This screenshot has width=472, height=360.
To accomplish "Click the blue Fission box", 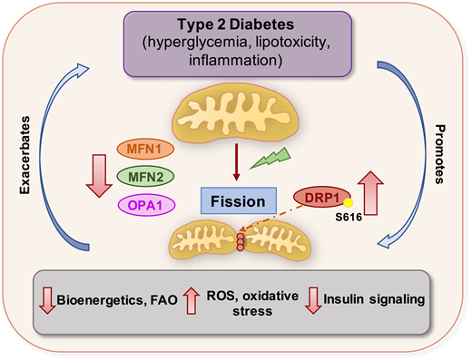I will coord(232,201).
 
